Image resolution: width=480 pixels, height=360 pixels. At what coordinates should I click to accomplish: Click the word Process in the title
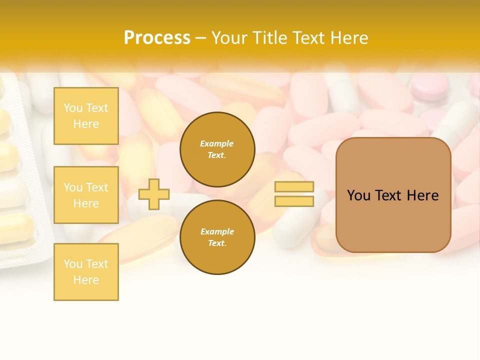coord(157,38)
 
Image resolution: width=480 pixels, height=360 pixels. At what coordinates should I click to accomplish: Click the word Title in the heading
coord(273,38)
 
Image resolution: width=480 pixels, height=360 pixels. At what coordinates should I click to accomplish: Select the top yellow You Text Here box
coord(86,116)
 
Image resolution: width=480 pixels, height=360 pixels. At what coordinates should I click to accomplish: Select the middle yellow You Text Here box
coord(86,195)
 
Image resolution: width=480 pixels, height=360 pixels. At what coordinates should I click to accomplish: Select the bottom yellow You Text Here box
coord(86,272)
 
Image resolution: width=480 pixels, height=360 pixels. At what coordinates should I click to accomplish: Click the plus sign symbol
coord(154,194)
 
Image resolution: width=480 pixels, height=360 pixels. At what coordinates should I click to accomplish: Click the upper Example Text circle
coord(217,149)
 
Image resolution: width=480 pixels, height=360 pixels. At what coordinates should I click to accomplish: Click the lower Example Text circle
coord(217,237)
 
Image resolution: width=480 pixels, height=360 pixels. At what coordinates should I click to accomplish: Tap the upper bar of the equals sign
coord(294,187)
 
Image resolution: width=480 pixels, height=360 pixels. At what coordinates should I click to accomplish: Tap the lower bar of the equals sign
coord(294,201)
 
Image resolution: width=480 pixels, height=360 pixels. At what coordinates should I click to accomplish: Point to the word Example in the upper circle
coord(217,143)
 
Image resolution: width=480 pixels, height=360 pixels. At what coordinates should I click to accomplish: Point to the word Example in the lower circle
coord(217,231)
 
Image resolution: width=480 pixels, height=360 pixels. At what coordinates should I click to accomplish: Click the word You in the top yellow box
coord(72,108)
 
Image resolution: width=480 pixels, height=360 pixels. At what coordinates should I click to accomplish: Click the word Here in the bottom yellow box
coord(86,280)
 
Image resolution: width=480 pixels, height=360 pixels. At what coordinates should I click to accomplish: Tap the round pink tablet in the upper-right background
coord(430,88)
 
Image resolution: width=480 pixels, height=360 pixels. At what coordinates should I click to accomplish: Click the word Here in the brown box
coord(423,195)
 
